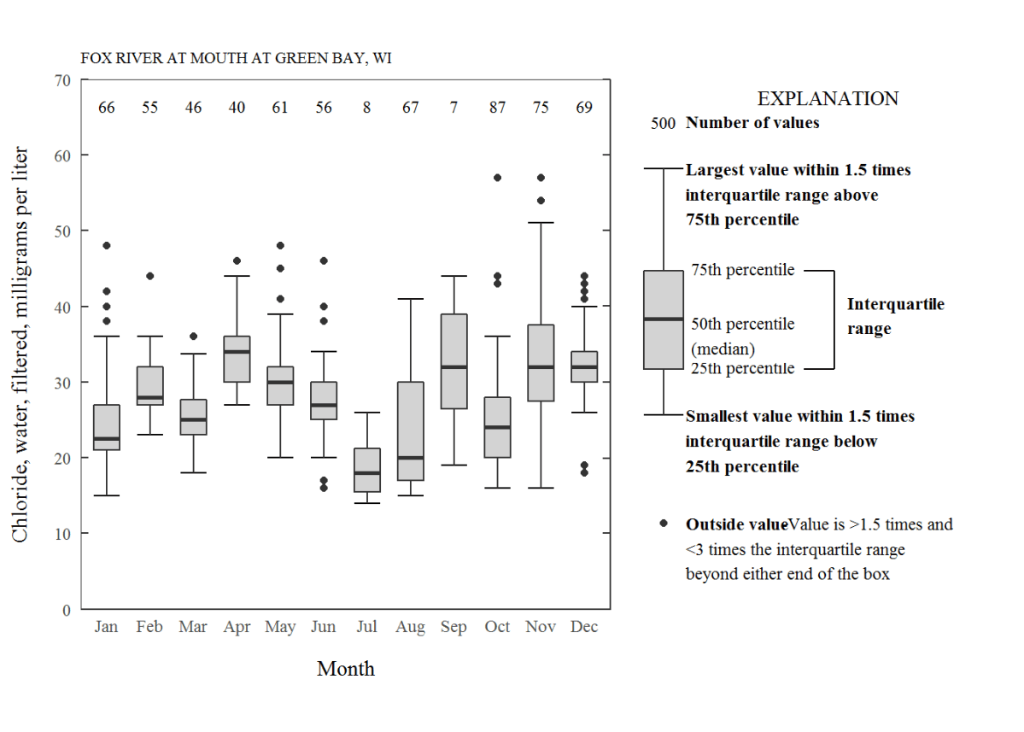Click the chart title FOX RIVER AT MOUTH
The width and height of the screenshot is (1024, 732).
pos(237,59)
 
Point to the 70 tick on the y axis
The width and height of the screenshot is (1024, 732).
pos(61,80)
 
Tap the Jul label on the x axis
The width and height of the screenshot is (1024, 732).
pos(366,627)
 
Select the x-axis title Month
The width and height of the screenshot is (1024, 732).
pos(345,669)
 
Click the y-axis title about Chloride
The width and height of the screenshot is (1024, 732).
pos(20,344)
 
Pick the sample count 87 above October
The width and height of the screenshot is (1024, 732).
pos(497,108)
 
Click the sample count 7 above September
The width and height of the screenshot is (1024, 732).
pos(453,108)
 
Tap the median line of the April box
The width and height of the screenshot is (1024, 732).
pos(237,351)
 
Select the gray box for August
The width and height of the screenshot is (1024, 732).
pos(410,431)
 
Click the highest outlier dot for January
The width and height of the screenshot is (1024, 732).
pos(107,246)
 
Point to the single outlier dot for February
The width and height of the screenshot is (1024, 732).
pos(149,276)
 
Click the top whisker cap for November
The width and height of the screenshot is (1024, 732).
pos(541,223)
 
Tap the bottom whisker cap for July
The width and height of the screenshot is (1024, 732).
pos(366,503)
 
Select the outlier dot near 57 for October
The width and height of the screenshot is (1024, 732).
pos(497,178)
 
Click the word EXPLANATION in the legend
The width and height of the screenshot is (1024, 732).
pos(828,99)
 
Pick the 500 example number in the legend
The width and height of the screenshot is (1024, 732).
pos(663,124)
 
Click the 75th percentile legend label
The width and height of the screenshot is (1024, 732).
pos(742,270)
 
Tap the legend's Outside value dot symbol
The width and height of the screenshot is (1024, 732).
pos(664,524)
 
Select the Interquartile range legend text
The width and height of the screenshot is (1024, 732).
pos(895,316)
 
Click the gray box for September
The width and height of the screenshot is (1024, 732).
pos(453,361)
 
